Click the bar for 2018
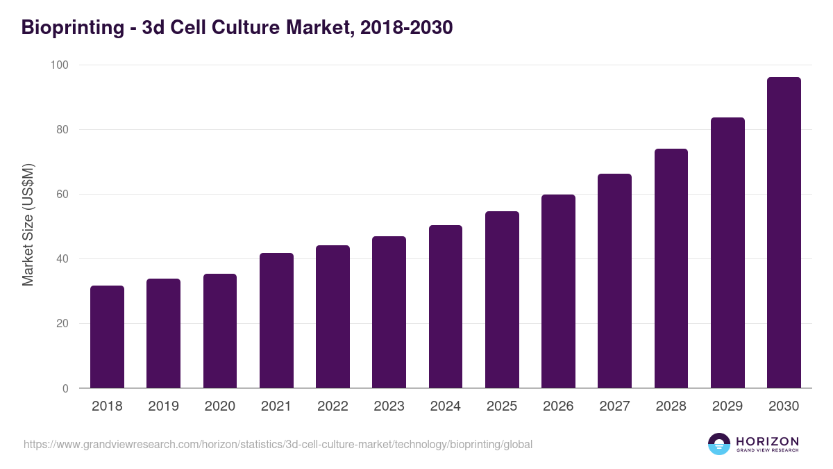107,337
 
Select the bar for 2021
276,320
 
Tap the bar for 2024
446,306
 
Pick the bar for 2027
614,281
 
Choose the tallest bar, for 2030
784,233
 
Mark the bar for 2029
727,253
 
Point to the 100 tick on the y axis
60,65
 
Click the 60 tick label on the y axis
62,195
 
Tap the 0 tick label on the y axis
65,388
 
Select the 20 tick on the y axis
62,324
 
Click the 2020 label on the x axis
219,406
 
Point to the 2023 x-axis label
389,406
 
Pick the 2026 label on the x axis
558,406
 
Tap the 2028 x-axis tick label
671,406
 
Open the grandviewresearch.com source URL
278,444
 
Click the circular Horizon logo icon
719,444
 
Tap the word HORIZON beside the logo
767,441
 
